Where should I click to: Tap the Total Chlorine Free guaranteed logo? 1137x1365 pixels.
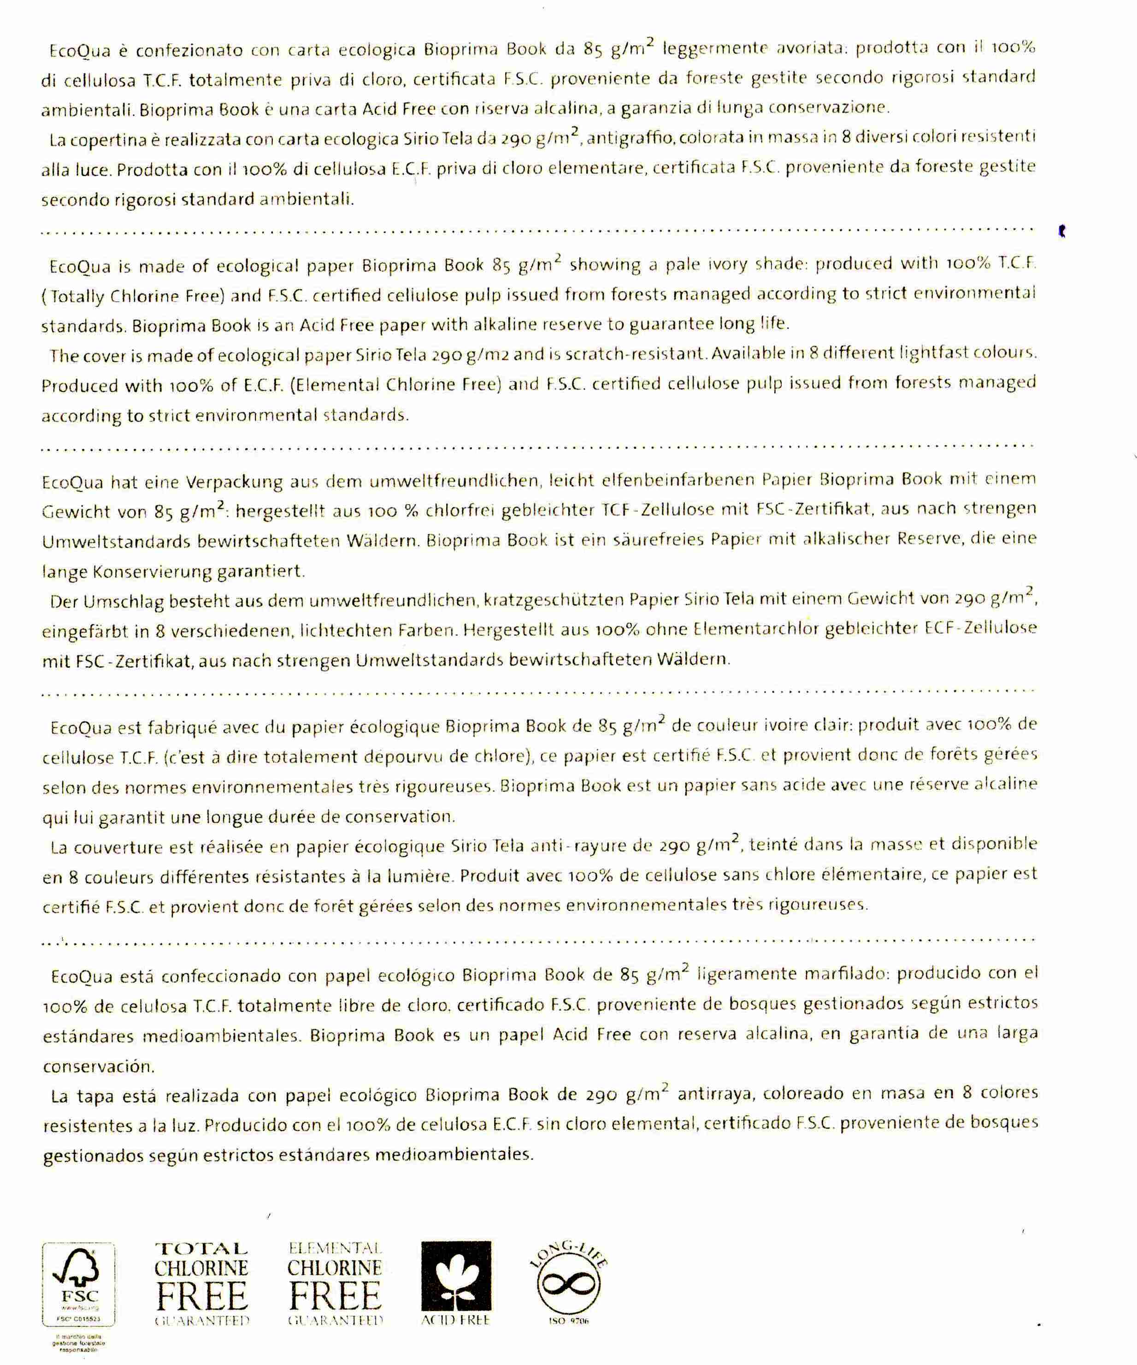point(201,1284)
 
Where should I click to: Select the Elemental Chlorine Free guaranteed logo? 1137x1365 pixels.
point(335,1284)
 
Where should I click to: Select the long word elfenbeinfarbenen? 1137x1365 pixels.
point(670,480)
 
